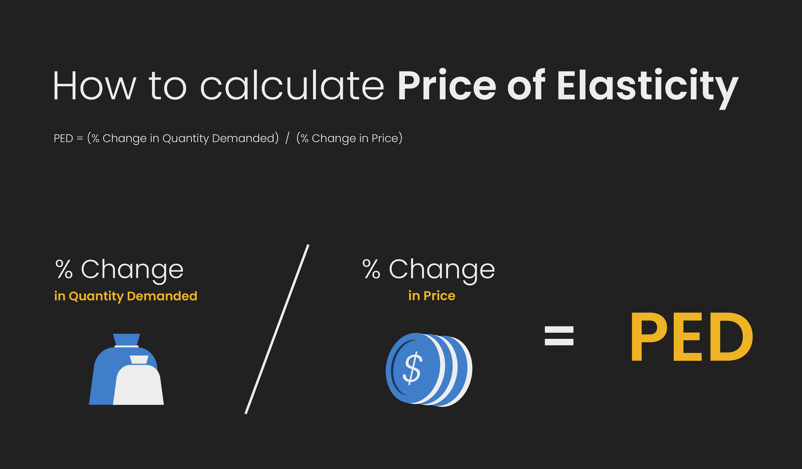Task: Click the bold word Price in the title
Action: [x=447, y=85]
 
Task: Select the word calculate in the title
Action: [x=292, y=85]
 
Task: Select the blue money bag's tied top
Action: [x=126, y=340]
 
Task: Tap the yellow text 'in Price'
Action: [x=432, y=296]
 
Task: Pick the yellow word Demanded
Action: [x=162, y=296]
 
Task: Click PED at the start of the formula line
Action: [x=63, y=138]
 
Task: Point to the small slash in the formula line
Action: [x=287, y=138]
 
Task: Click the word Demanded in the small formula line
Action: [x=243, y=138]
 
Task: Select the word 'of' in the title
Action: [x=526, y=85]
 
